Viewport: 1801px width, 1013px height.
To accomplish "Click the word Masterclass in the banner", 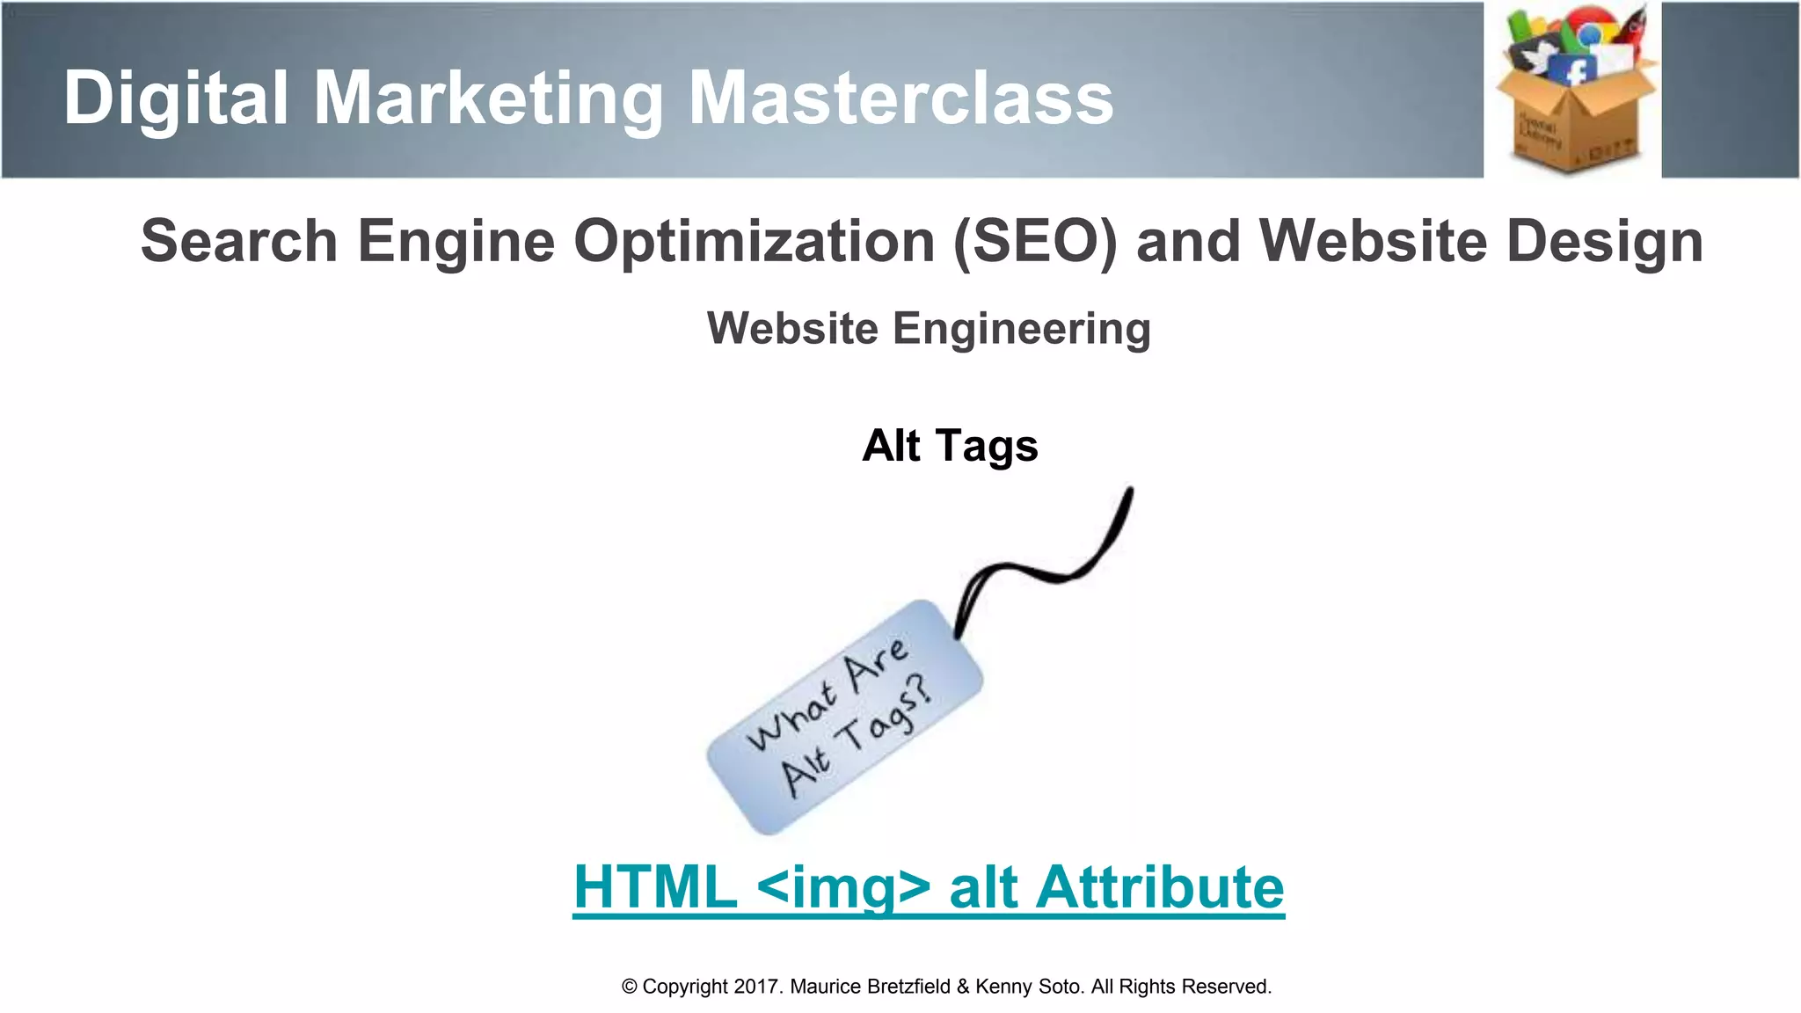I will (900, 98).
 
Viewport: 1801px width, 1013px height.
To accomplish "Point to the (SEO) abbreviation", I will (1034, 241).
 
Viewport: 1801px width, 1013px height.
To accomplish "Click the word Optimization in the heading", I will (755, 241).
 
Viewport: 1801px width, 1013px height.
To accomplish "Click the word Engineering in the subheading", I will (1022, 330).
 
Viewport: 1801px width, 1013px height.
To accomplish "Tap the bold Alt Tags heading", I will (950, 446).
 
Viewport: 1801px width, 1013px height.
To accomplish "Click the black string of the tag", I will (1055, 572).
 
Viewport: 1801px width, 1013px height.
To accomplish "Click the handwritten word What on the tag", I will (791, 717).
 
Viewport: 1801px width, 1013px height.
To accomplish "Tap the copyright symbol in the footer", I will (629, 987).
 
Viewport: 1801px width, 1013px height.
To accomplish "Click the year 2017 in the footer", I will (756, 987).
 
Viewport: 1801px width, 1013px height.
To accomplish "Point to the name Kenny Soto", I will (1028, 987).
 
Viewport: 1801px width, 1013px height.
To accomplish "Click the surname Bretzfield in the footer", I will (908, 987).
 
